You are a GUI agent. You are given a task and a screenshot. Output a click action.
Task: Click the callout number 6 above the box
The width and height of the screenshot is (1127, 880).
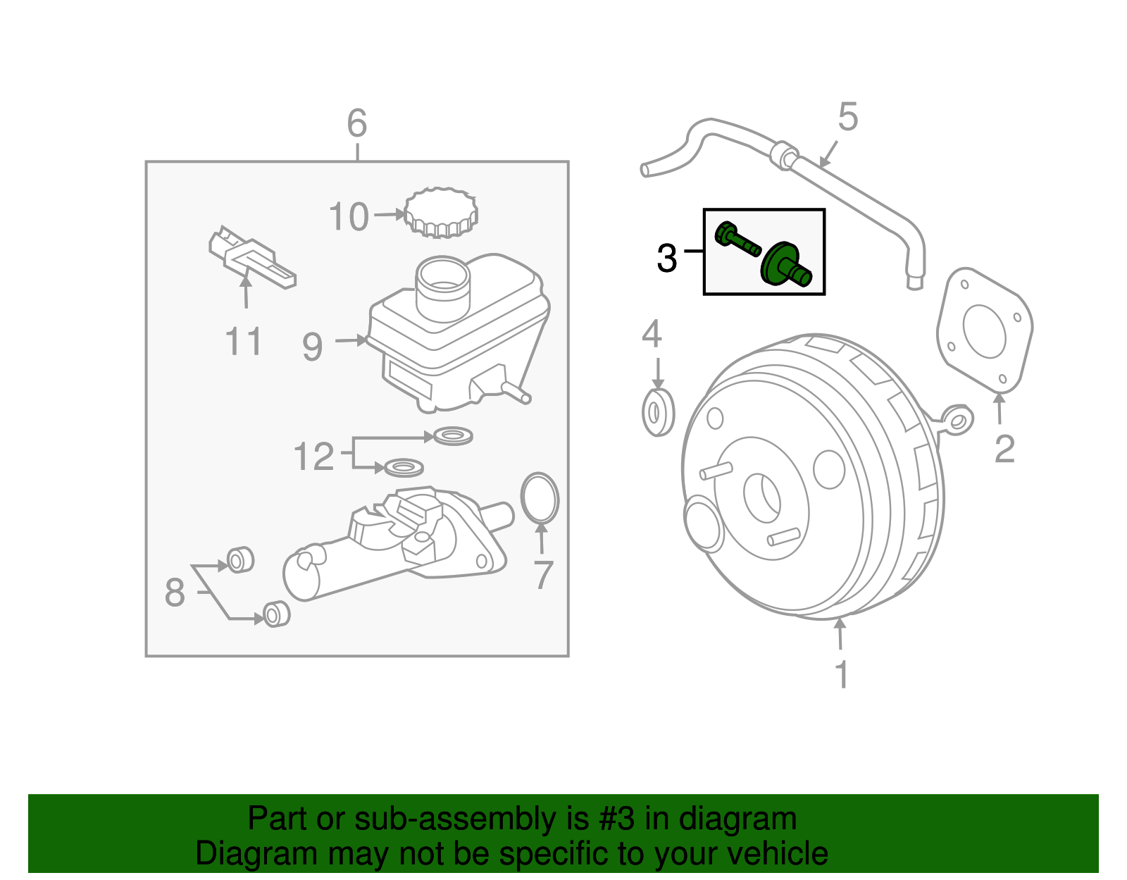(x=357, y=124)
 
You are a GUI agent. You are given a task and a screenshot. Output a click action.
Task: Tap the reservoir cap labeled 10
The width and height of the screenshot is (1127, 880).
(x=441, y=212)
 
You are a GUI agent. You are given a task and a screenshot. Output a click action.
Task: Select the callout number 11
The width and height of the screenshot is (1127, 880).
(x=243, y=342)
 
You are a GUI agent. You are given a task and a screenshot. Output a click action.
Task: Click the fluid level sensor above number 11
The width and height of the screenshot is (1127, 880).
(x=251, y=257)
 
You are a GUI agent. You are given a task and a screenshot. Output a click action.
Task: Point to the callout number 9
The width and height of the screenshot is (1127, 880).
(x=312, y=347)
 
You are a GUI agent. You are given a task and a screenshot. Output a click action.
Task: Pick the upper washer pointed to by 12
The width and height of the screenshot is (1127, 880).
(x=453, y=436)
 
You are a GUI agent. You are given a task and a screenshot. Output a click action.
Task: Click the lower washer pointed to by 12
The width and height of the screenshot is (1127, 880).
(x=404, y=467)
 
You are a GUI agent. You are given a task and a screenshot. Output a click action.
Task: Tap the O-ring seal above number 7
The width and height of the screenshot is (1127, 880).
(x=540, y=498)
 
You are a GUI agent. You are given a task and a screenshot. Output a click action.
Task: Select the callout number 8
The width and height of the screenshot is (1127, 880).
(x=175, y=593)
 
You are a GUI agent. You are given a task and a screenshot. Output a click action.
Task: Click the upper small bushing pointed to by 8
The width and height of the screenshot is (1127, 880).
(x=239, y=560)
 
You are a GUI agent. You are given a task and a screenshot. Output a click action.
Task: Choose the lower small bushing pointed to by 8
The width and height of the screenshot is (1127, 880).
(x=276, y=614)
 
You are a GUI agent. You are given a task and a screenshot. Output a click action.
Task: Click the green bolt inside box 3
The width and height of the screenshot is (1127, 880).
(x=737, y=240)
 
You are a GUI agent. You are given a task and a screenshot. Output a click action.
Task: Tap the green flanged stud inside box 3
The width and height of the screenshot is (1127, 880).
(x=785, y=265)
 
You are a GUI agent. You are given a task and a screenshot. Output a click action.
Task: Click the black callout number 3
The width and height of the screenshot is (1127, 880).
(x=666, y=259)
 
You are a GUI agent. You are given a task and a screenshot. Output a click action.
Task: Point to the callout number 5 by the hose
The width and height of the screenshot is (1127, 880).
(x=848, y=117)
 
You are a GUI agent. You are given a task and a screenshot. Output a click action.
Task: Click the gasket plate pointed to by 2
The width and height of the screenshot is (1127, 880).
(x=984, y=330)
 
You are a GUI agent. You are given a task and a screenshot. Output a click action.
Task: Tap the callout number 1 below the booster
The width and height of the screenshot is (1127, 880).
(x=842, y=675)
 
